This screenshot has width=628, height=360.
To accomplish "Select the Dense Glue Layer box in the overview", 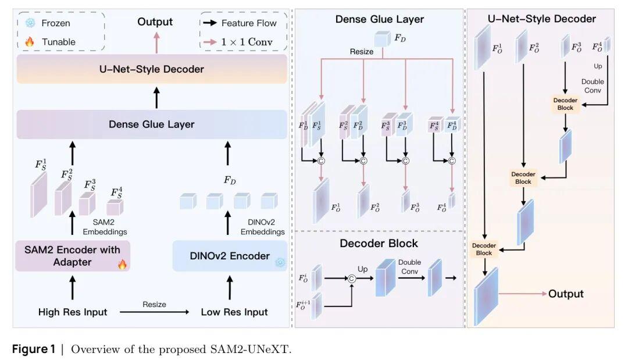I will coord(152,124).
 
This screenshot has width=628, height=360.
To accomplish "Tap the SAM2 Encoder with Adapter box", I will coord(73,256).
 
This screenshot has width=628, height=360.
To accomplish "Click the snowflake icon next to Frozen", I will coord(30,23).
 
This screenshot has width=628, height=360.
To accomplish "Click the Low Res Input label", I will coord(234,312).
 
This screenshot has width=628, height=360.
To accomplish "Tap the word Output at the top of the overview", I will coord(155,22).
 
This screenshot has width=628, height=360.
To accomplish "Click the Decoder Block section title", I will coord(379,243).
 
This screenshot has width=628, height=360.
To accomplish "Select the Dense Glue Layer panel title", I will coord(379,19).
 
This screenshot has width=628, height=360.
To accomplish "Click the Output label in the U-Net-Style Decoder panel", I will coord(565,294).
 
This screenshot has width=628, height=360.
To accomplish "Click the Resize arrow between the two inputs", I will coord(155,312).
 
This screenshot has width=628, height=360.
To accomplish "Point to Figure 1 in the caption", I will coord(37,350).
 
